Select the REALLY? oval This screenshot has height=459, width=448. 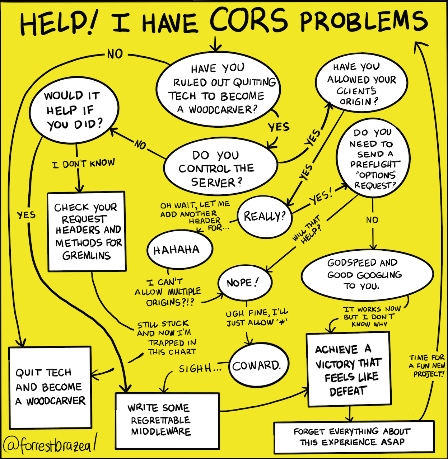pyautogui.click(x=265, y=216)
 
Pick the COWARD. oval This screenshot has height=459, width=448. pyautogui.click(x=256, y=366)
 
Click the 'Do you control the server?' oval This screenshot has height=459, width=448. pyautogui.click(x=220, y=169)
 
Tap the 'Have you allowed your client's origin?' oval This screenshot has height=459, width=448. pyautogui.click(x=361, y=84)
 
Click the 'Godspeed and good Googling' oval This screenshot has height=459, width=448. pyautogui.click(x=367, y=274)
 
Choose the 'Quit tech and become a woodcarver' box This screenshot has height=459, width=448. pyautogui.click(x=50, y=387)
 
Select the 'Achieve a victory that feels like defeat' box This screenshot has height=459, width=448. pyautogui.click(x=348, y=369)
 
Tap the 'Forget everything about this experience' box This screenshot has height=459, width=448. pyautogui.click(x=353, y=436)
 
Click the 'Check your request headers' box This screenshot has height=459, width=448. pyautogui.click(x=87, y=231)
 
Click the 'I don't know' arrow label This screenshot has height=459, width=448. pyautogui.click(x=83, y=164)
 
